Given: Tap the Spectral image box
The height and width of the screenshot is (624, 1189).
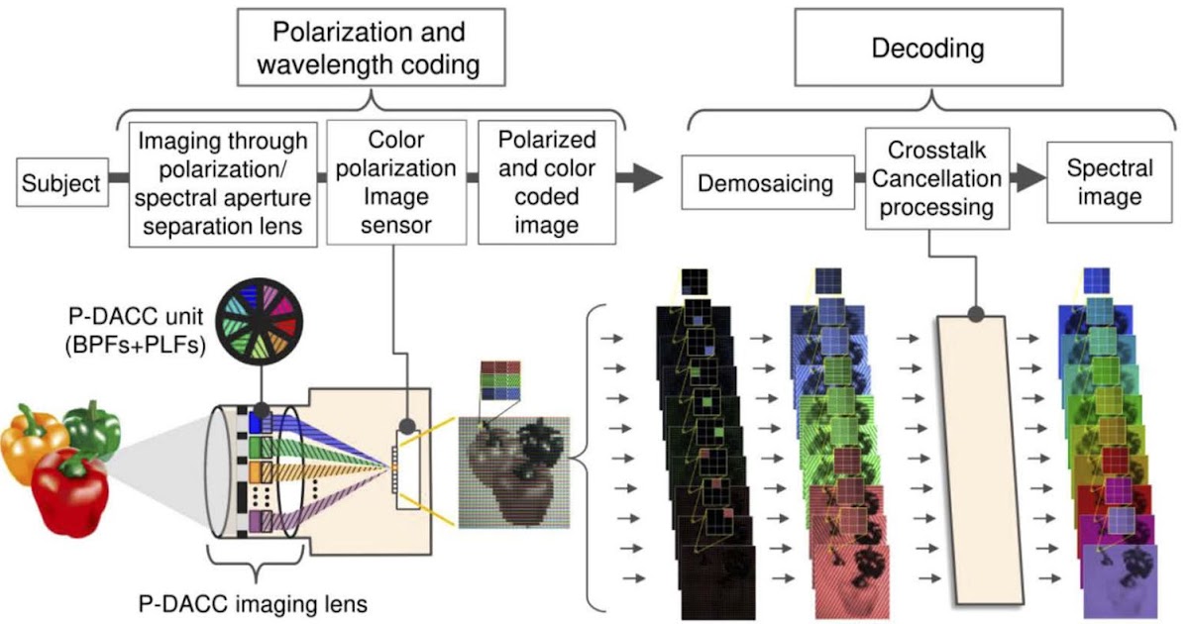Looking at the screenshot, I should click(x=1109, y=183).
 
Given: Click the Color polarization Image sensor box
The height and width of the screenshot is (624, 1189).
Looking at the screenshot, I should click(x=395, y=182).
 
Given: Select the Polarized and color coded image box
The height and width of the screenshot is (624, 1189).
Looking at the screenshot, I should click(x=546, y=182).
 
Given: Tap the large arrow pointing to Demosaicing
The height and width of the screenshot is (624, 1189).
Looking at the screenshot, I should click(x=640, y=178).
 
